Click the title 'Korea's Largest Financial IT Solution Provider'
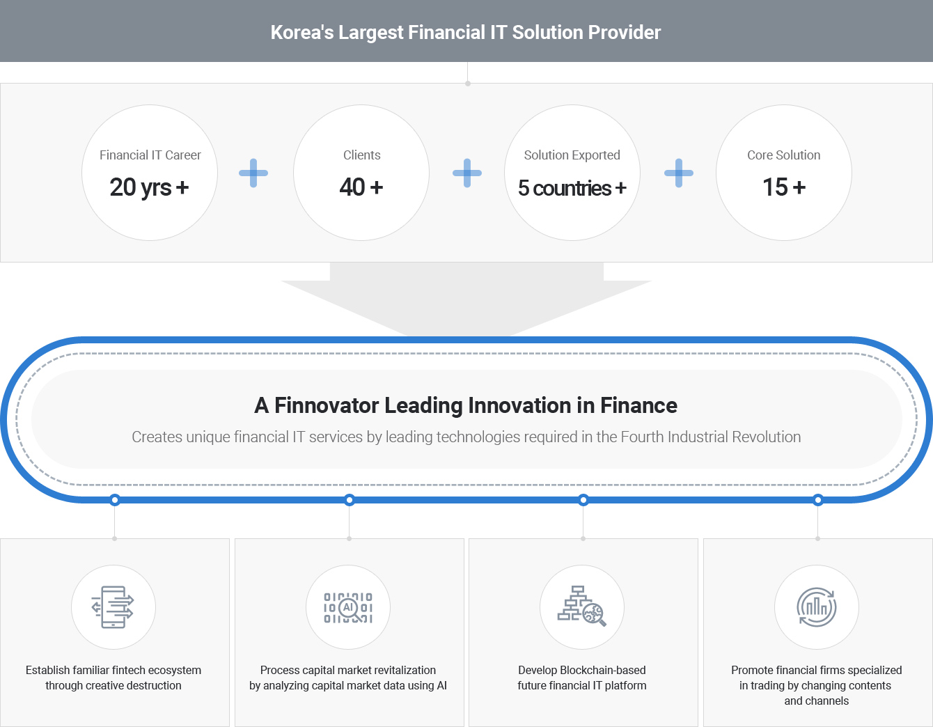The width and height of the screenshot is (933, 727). click(x=465, y=33)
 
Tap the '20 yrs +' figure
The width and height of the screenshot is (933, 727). click(x=149, y=187)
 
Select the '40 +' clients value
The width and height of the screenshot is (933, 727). click(x=361, y=187)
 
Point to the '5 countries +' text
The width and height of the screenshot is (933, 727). click(x=572, y=188)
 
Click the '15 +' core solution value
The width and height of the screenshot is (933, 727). click(x=783, y=187)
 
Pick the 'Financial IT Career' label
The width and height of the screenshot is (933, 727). click(x=150, y=155)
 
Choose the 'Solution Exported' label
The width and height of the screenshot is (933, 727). click(x=572, y=155)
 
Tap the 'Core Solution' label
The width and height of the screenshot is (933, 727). click(x=783, y=155)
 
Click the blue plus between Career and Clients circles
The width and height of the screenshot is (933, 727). click(x=253, y=173)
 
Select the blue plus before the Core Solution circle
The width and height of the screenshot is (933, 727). click(x=678, y=173)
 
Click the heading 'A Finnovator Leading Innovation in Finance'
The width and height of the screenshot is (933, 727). click(x=465, y=405)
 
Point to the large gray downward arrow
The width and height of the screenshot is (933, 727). click(x=466, y=299)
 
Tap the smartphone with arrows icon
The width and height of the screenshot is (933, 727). click(x=113, y=607)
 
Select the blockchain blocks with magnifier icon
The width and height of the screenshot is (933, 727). click(x=582, y=606)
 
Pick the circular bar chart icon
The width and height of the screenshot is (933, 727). click(x=817, y=607)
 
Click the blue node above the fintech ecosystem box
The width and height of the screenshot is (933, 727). click(x=115, y=500)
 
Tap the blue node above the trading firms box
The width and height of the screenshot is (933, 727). click(x=818, y=500)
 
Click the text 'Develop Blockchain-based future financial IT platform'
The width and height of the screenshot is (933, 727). click(x=582, y=678)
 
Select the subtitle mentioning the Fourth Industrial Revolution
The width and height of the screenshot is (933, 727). click(x=466, y=437)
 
